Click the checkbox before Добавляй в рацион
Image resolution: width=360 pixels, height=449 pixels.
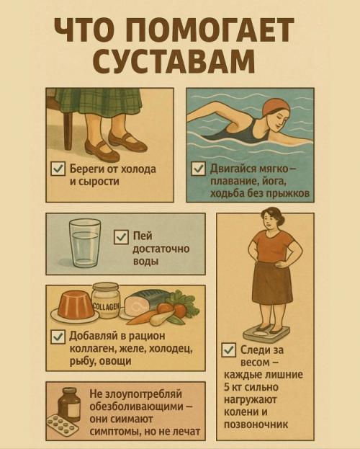coord(58,336)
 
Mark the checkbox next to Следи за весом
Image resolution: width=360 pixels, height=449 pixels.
coord(229,350)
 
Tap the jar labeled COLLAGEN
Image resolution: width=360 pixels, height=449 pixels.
coord(105,300)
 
